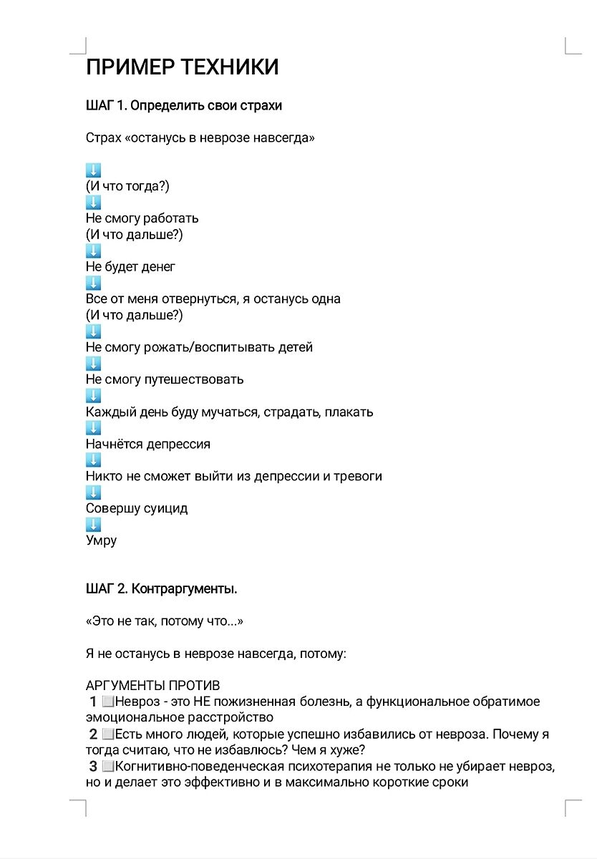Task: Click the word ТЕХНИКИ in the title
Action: [x=230, y=67]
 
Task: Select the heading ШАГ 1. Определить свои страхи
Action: [x=183, y=106]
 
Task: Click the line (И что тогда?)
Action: [x=127, y=186]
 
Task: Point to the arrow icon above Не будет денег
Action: [x=93, y=251]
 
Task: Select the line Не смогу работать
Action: [x=142, y=218]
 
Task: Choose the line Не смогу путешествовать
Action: [x=165, y=379]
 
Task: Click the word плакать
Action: [x=349, y=412]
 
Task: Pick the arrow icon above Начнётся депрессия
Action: [x=93, y=428]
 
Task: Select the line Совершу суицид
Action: [x=136, y=509]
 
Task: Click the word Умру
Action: [x=101, y=541]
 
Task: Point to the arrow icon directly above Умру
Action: [x=93, y=525]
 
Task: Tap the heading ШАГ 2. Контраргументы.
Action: [x=161, y=590]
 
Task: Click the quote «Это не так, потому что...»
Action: [x=165, y=622]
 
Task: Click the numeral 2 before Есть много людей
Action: [x=93, y=734]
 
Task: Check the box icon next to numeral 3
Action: [x=108, y=767]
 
